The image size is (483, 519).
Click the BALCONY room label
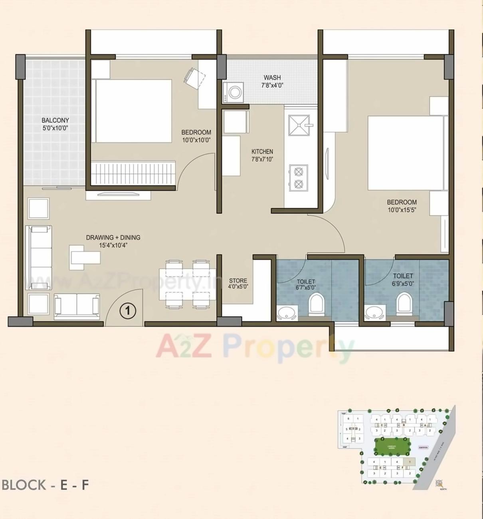[55, 120]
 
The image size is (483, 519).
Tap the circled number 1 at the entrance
[128, 310]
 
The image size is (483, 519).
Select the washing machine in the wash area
[234, 92]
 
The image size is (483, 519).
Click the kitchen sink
[299, 125]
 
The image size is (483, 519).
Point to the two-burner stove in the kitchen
[298, 178]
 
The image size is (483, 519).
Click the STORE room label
[238, 280]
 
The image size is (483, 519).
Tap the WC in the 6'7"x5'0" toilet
[317, 304]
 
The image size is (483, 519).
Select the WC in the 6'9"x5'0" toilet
[404, 303]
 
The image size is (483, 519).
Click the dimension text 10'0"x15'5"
[402, 210]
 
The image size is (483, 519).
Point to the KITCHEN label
[262, 151]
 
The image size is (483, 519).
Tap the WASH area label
[272, 78]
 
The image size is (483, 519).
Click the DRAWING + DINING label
[113, 237]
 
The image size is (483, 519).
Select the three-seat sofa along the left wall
[39, 257]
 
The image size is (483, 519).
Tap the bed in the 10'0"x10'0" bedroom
[133, 111]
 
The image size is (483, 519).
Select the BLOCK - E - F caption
[45, 485]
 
